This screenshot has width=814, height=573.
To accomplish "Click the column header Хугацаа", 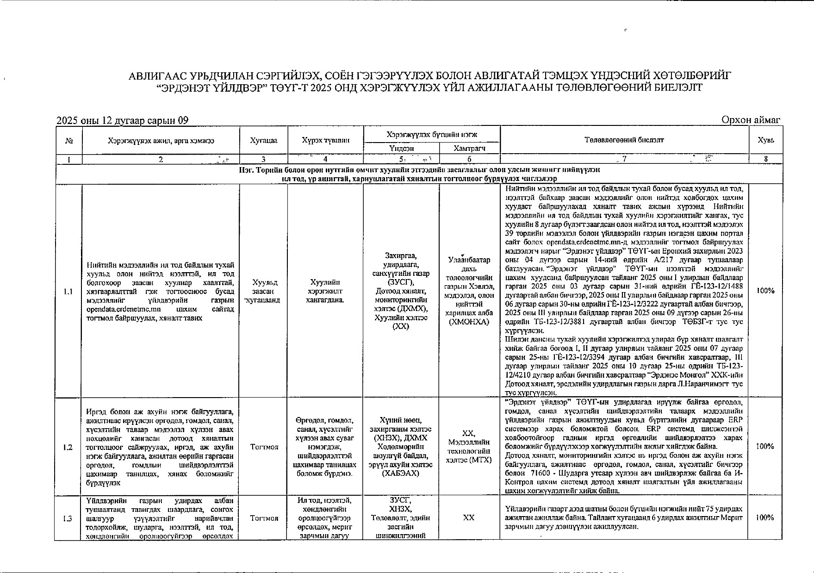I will [263, 140].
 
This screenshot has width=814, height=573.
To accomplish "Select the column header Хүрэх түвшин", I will [325, 140].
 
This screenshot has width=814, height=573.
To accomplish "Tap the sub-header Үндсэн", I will [401, 149].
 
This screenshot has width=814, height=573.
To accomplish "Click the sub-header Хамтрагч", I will [469, 149].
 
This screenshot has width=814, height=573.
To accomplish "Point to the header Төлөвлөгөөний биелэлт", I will [624, 140].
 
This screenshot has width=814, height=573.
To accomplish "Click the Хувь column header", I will [765, 140].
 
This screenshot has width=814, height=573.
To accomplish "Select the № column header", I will [68, 140].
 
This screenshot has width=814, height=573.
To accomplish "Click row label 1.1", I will [68, 292].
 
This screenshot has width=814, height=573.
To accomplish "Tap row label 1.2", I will [68, 447].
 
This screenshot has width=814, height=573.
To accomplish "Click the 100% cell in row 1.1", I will [765, 291].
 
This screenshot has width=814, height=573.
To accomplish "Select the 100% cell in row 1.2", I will [765, 447].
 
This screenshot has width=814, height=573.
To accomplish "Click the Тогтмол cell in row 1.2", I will [264, 447].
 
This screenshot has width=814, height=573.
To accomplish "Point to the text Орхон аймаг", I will [751, 120].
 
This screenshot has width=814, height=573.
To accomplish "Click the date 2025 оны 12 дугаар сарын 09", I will [123, 121].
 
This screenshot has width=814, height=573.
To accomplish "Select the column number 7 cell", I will [624, 159].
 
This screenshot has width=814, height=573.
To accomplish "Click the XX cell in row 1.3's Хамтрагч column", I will [469, 518].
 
